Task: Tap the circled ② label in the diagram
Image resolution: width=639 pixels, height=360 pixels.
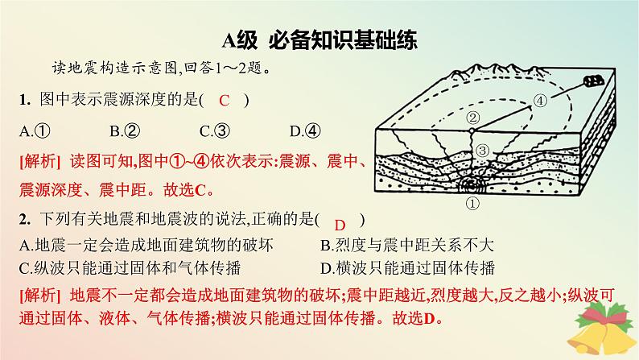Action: [473, 118]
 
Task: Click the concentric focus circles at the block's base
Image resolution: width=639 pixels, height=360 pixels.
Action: [472, 184]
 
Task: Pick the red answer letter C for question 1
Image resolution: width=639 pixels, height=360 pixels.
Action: [225, 101]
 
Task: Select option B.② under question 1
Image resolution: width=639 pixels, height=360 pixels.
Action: [126, 130]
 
